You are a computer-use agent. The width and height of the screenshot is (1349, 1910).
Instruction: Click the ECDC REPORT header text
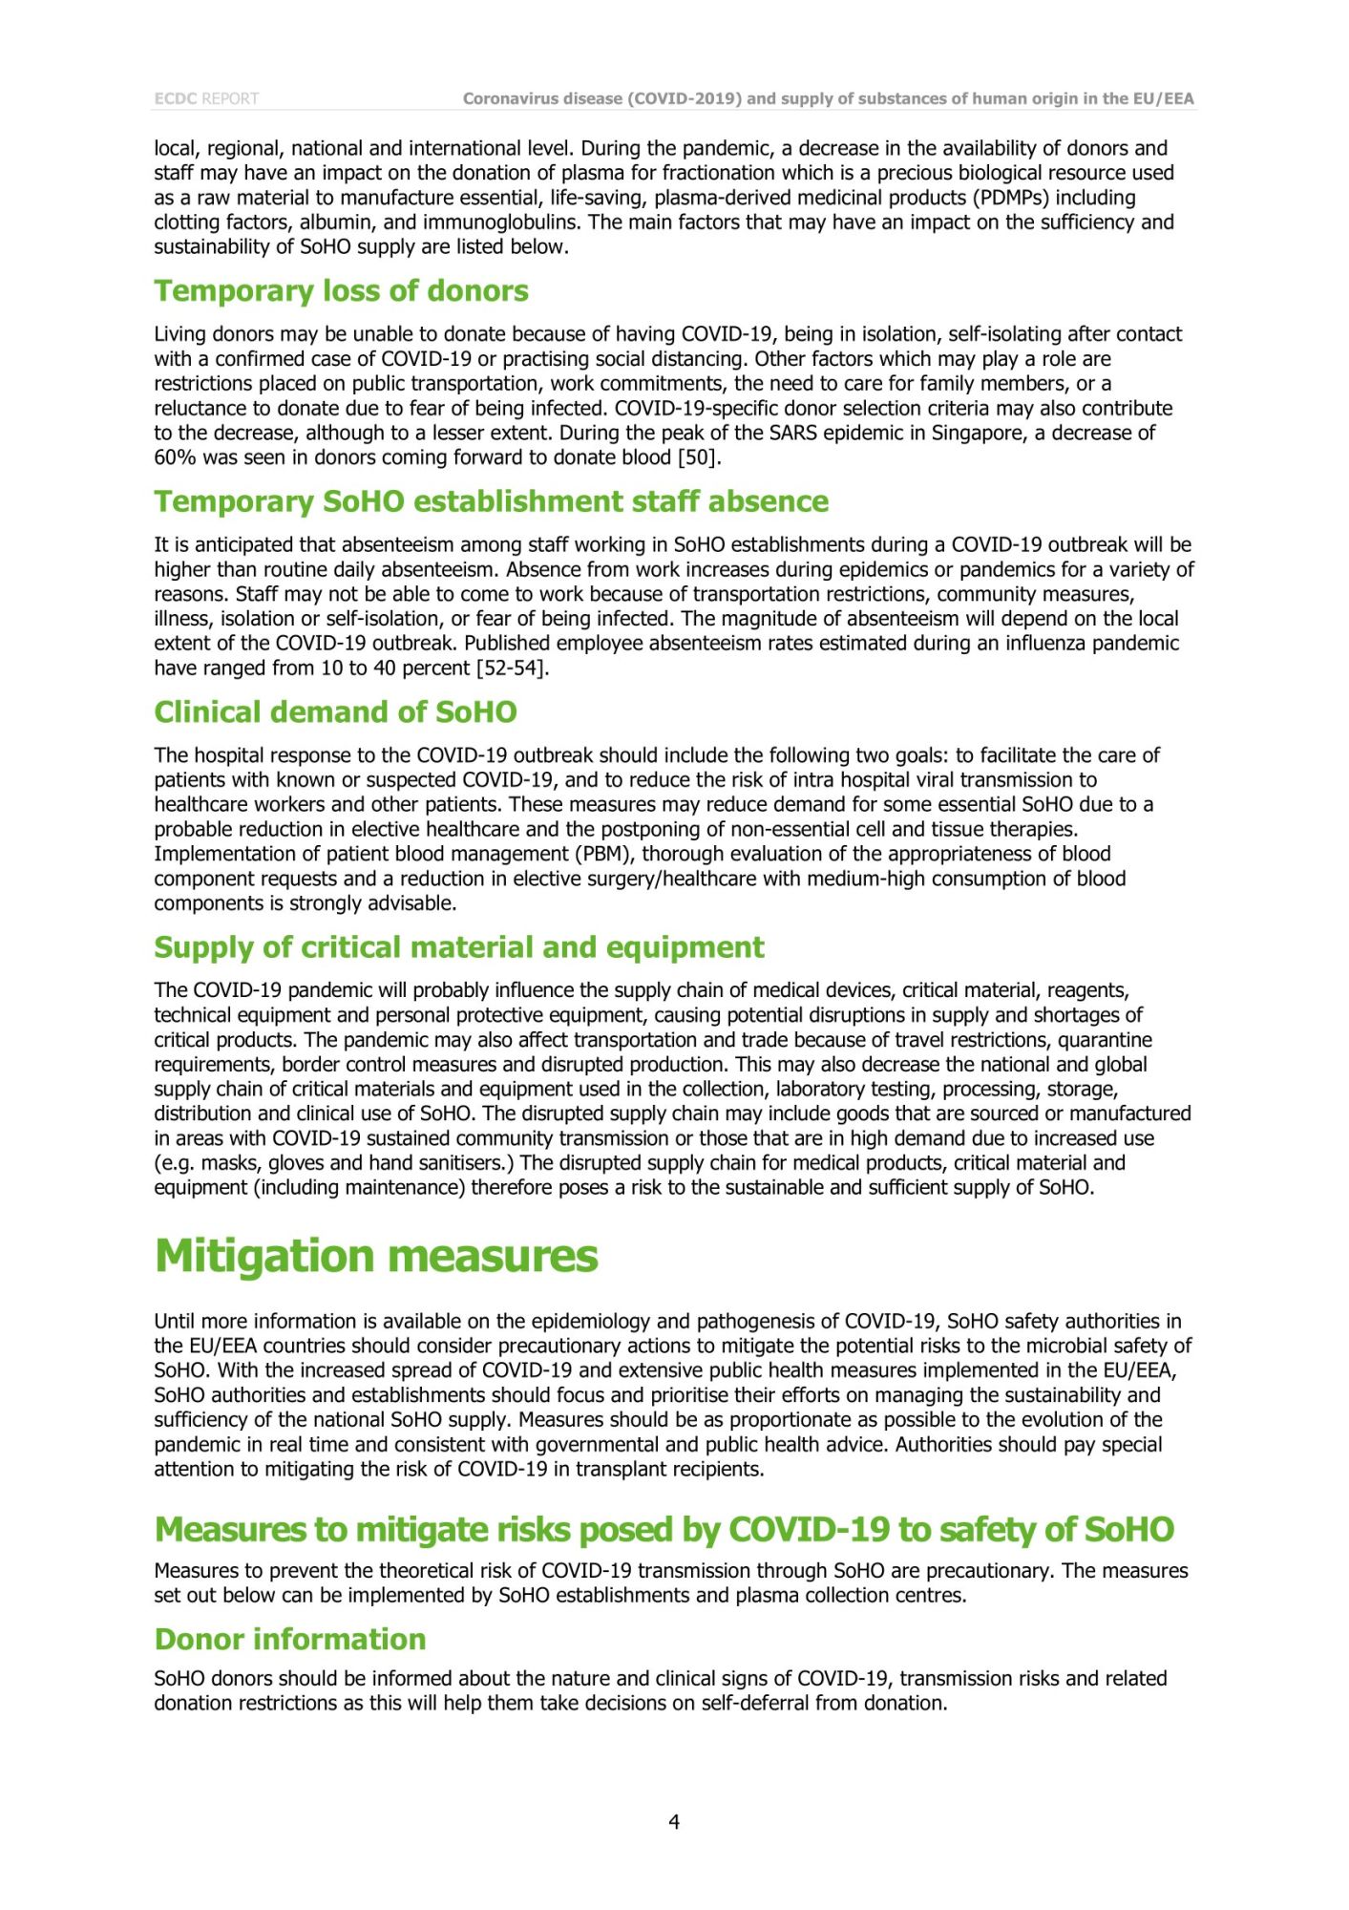coord(206,98)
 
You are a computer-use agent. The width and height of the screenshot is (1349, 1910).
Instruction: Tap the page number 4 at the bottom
coord(674,1822)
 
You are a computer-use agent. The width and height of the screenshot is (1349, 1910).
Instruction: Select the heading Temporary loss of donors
coord(341,291)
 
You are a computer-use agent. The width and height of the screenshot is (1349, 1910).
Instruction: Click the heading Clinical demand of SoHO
coord(335,712)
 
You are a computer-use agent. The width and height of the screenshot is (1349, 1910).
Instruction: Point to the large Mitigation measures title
coord(376,1256)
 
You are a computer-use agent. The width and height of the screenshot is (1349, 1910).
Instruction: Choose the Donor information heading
coord(290,1640)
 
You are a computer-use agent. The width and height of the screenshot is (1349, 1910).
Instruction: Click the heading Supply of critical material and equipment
coord(459,947)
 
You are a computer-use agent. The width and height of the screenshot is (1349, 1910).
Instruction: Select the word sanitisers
coord(471,1163)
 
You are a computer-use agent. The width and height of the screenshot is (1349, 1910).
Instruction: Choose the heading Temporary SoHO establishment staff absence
coord(492,502)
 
